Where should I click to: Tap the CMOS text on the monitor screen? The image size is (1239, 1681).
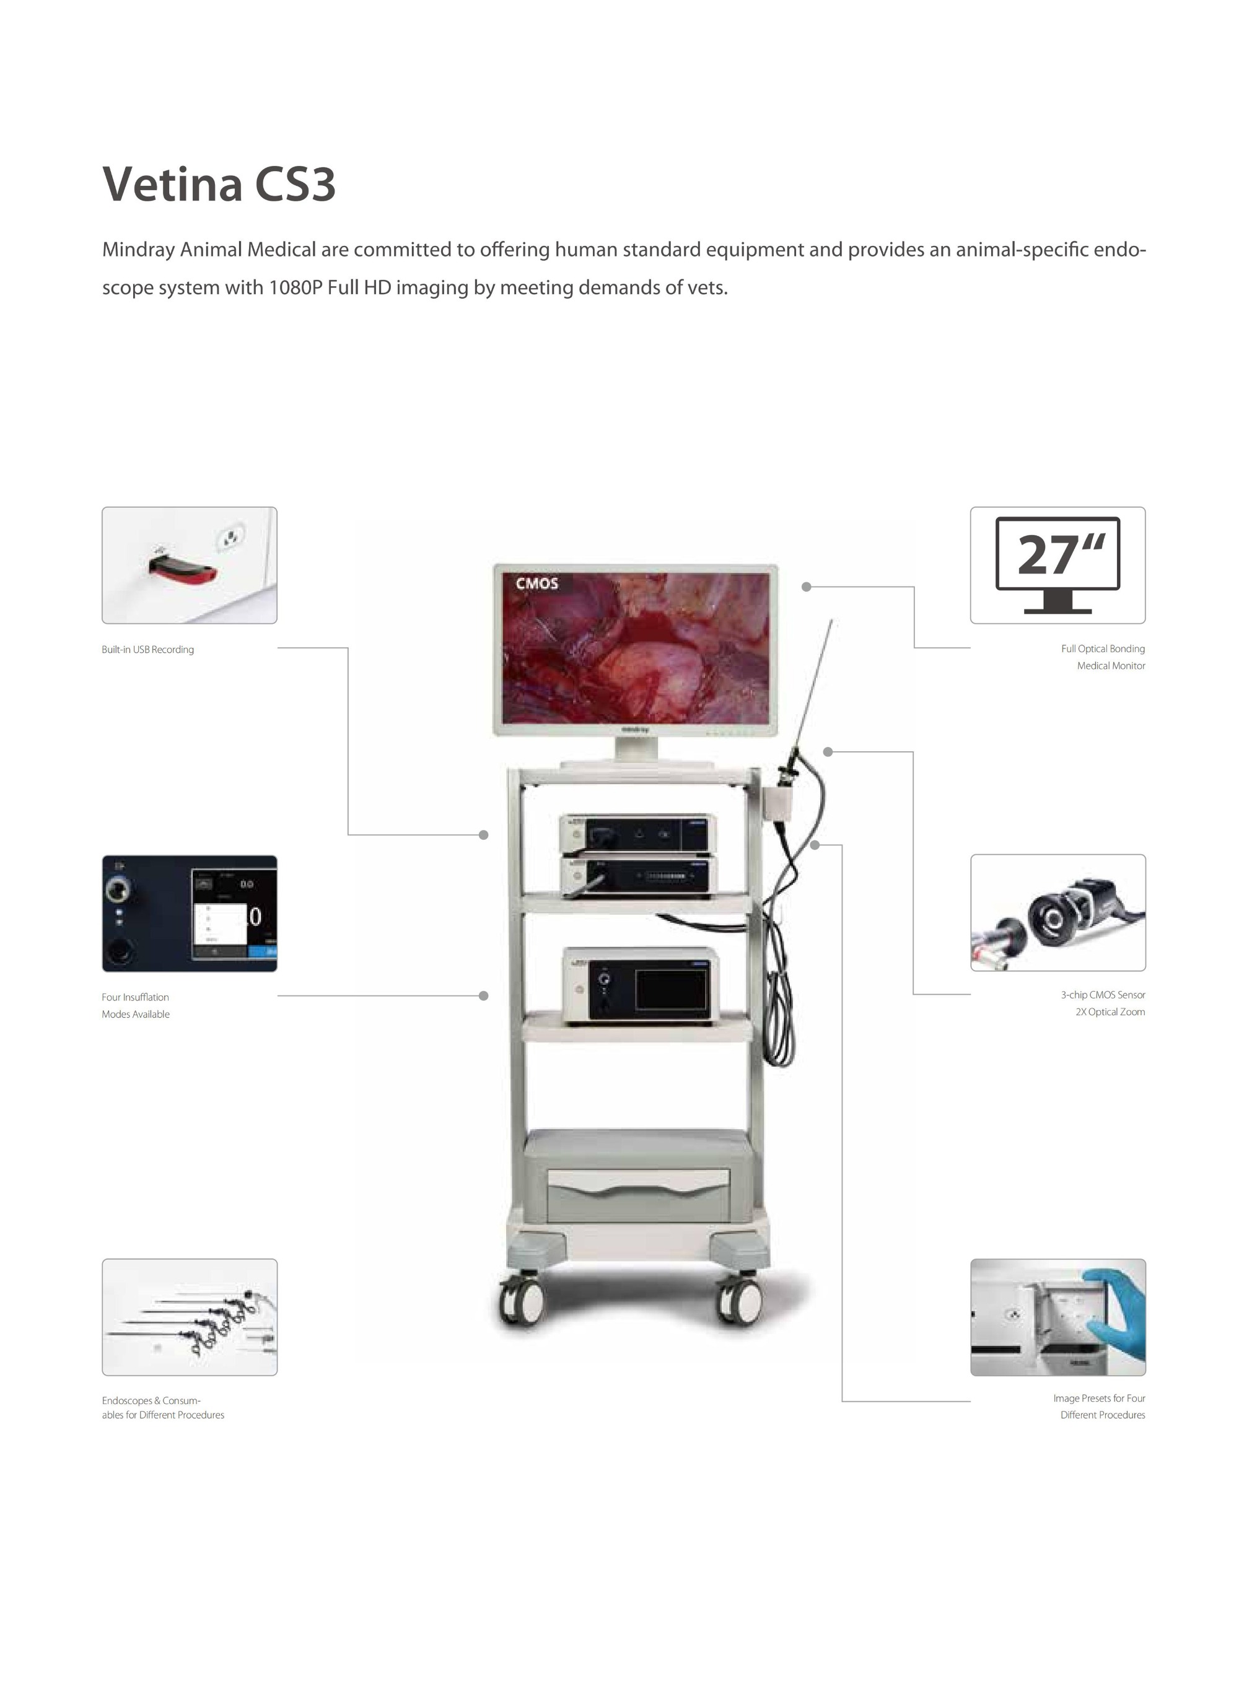click(536, 583)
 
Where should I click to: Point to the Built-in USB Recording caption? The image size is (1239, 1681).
click(147, 649)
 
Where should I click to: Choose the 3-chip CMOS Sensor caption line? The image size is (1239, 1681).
click(1103, 995)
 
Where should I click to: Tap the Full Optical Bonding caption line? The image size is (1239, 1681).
click(1103, 648)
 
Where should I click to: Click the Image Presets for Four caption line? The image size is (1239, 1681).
click(1099, 1399)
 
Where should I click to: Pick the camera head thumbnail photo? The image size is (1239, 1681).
click(1057, 912)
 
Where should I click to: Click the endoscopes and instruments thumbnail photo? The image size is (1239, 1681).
click(190, 1317)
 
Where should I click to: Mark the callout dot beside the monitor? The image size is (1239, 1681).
click(806, 587)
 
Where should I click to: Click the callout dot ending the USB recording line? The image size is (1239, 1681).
click(484, 834)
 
